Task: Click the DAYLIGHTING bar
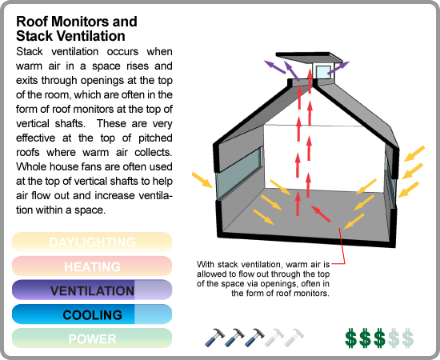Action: (92, 242)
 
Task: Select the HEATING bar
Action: (92, 266)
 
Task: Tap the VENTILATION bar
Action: (92, 290)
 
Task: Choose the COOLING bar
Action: (92, 314)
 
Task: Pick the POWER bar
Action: (92, 338)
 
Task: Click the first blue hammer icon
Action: (214, 338)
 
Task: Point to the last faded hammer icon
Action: (294, 338)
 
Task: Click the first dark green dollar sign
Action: (350, 338)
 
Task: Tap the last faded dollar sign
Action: (408, 338)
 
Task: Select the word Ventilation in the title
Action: (90, 36)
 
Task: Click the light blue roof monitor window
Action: (323, 72)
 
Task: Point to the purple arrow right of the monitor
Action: (338, 68)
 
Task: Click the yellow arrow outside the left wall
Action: (202, 180)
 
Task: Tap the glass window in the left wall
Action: (239, 173)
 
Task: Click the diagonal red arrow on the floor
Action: (321, 214)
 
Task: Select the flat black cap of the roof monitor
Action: (309, 58)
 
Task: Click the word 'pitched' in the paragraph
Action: (155, 138)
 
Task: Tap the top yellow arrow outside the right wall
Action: (414, 154)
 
